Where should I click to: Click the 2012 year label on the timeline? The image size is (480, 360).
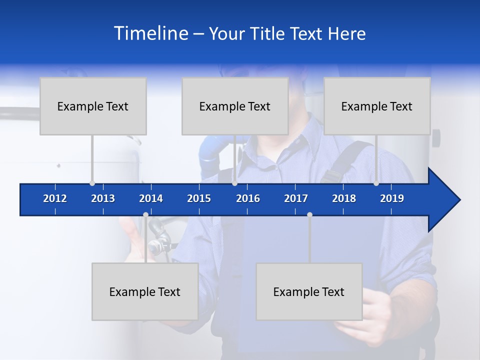55,198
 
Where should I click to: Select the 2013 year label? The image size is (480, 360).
103,198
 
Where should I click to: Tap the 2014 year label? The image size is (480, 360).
151,198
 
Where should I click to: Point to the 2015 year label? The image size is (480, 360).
199,198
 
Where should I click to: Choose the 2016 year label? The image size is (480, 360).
248,198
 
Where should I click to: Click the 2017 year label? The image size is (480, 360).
296,198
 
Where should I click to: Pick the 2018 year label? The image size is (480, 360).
344,198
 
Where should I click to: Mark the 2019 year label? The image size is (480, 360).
392,198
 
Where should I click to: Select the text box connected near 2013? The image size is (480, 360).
93,106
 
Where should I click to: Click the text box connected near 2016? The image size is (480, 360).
235,106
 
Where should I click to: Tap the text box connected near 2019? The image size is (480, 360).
377,106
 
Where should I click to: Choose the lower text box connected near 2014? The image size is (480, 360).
145,291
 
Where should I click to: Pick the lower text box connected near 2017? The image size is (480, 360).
309,291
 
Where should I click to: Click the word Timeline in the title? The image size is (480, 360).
150,33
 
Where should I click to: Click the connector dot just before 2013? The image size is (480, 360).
92,183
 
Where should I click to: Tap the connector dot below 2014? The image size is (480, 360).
145,215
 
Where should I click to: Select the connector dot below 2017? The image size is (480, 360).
309,215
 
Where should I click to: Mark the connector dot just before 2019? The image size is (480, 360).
376,183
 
